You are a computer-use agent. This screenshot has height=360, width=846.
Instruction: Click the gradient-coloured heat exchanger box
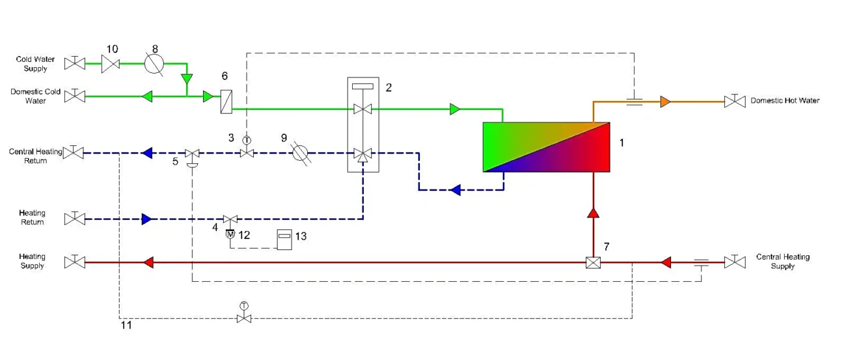point(546,147)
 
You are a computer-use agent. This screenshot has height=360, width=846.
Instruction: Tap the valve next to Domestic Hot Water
point(735,101)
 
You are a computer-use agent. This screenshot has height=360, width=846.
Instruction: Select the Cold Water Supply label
point(35,64)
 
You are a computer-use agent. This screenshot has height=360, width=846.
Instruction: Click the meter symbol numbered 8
point(154,63)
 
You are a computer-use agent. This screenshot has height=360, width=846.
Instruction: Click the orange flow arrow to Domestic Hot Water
point(664,101)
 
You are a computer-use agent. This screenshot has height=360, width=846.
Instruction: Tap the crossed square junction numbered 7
point(593,263)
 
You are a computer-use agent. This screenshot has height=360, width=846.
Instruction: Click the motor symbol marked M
point(230,234)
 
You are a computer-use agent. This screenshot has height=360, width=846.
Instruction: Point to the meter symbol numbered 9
point(299,154)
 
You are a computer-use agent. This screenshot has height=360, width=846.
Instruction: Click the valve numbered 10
point(112,63)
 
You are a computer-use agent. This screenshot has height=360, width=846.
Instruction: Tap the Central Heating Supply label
point(782,262)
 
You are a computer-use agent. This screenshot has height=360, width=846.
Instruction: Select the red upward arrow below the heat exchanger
point(593,212)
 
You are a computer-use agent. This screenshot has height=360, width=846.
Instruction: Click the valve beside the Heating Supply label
point(75,263)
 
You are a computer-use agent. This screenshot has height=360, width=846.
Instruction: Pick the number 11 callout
point(126,325)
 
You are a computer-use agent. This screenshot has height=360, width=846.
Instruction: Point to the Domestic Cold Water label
point(35,96)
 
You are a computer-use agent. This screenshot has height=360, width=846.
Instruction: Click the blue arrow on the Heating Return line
point(146,219)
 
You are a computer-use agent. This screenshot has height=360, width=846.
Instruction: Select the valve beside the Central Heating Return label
point(75,153)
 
